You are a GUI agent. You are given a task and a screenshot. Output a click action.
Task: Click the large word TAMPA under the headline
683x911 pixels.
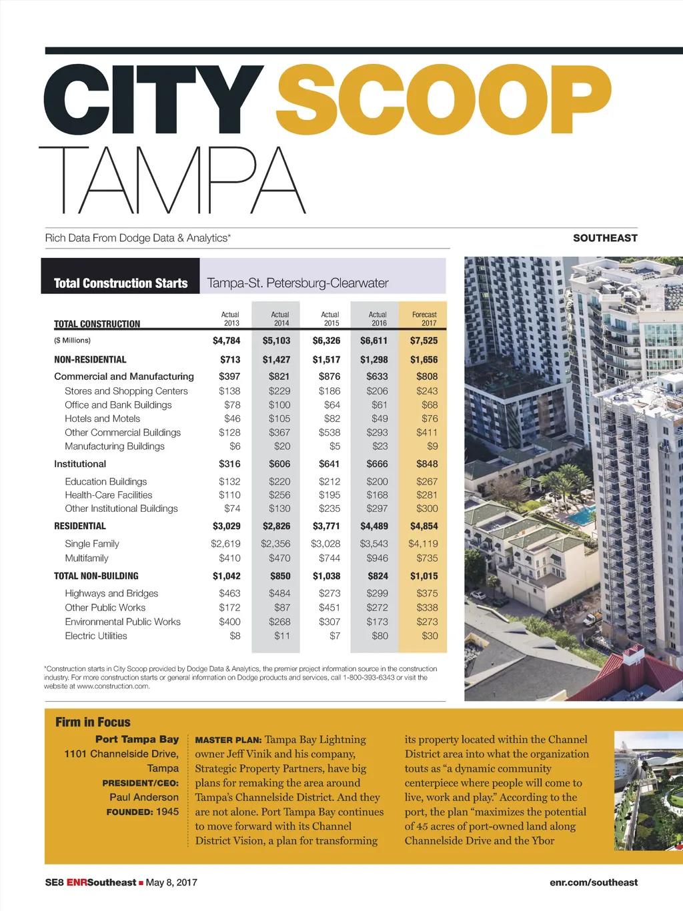[172, 180]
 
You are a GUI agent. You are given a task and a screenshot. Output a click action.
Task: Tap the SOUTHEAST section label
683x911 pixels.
[605, 238]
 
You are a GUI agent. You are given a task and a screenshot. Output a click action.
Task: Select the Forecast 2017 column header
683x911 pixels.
[424, 319]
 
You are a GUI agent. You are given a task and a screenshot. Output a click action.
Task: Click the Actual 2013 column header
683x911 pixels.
[230, 319]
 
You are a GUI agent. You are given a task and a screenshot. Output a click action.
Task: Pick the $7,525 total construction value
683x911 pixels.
[424, 341]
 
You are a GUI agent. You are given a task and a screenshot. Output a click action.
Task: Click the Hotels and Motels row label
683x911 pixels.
[102, 419]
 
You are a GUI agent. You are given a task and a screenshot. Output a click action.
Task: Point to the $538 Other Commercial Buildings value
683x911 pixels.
[329, 433]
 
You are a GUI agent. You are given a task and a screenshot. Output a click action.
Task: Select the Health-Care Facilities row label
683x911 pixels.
[108, 495]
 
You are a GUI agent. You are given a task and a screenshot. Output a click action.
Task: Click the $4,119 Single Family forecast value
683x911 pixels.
[423, 544]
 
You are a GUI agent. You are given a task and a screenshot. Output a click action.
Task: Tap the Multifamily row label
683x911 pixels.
[86, 558]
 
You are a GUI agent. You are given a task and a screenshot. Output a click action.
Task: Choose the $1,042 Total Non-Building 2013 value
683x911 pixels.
[226, 576]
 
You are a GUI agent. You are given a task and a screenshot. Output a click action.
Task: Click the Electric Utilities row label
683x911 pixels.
[95, 636]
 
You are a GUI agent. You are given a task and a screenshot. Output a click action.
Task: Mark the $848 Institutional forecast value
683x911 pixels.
[427, 464]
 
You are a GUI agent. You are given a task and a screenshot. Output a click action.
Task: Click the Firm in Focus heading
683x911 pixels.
[93, 722]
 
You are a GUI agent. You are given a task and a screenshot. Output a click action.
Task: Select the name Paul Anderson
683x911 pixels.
[144, 797]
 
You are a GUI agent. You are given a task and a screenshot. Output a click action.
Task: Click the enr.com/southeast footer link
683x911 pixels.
[594, 882]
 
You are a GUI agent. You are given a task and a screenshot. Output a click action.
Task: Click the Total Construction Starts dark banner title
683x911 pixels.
[121, 283]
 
